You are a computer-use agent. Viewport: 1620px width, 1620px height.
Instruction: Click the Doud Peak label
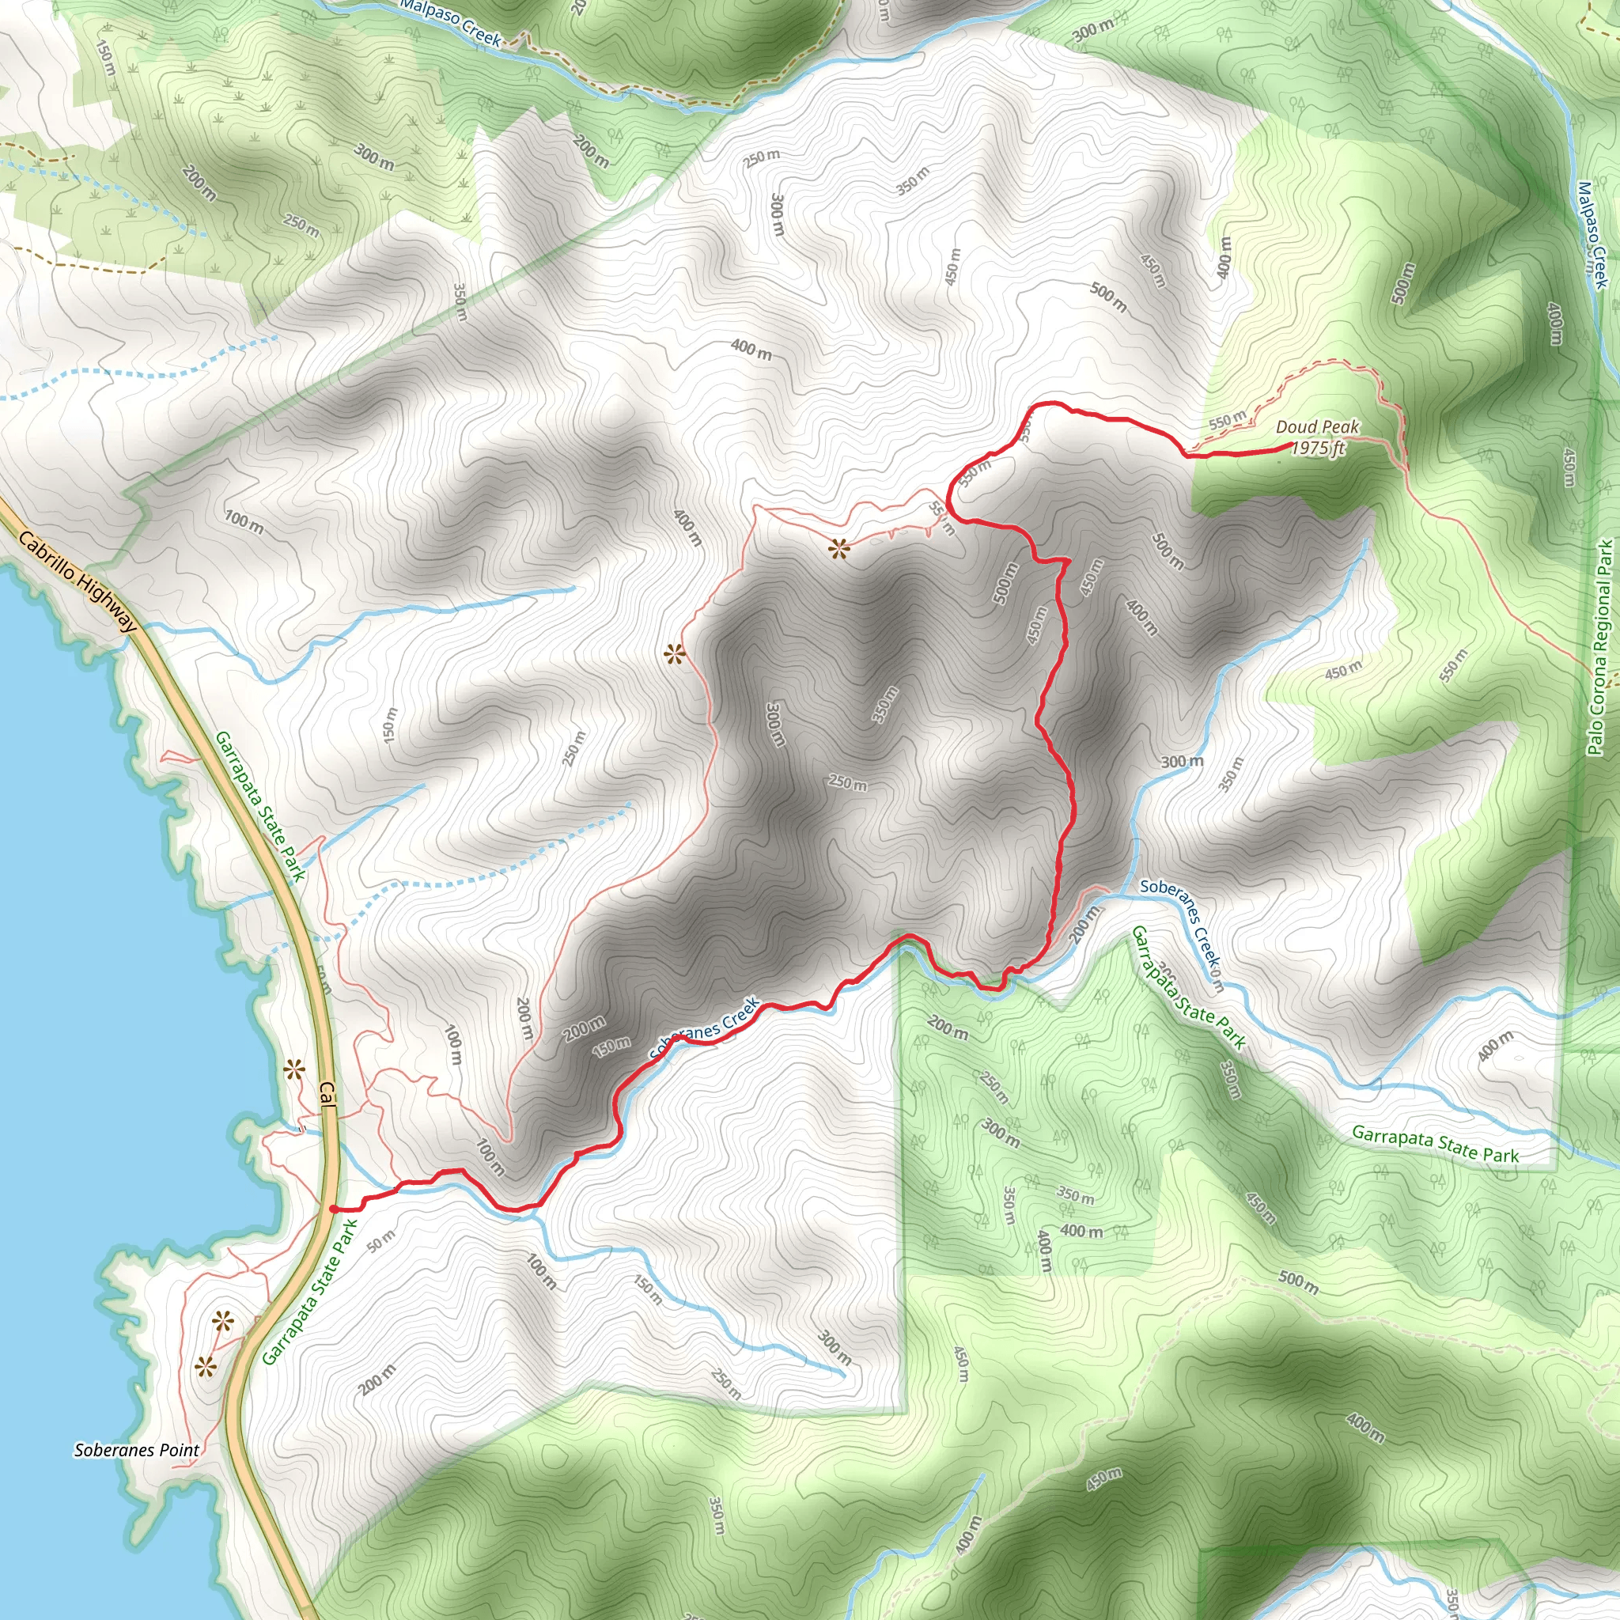[1317, 428]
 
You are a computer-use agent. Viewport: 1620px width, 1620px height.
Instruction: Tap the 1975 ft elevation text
[1317, 449]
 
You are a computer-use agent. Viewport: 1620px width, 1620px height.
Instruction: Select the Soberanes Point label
[137, 1451]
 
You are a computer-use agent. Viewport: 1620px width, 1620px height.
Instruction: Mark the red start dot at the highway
[334, 1209]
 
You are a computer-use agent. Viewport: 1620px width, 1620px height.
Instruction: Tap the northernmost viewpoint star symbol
[838, 550]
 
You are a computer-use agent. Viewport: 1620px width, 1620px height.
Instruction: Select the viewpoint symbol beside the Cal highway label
[293, 1069]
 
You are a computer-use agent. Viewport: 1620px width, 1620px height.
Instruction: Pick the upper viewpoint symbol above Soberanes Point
[223, 1323]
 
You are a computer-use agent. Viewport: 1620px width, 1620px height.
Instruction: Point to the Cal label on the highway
[326, 1096]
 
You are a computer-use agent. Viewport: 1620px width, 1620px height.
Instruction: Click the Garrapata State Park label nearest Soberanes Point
[308, 1293]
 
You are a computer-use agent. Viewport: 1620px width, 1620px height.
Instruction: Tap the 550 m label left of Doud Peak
[1228, 419]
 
